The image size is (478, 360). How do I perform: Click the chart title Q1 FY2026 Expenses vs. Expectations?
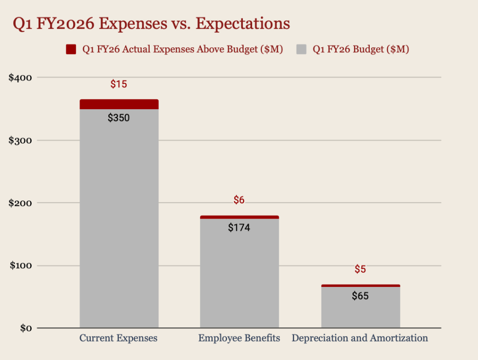(151, 23)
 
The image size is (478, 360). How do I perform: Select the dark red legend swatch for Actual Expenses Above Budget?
(71, 49)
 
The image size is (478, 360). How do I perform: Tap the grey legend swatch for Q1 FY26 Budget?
(301, 49)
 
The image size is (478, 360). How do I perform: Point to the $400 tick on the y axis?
(20, 78)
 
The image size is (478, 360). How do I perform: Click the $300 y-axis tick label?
(20, 140)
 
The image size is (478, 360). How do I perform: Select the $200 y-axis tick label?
(20, 203)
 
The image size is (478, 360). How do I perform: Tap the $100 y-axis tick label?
(20, 266)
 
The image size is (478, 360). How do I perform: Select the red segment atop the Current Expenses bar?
(119, 104)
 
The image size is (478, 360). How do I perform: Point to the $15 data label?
(119, 84)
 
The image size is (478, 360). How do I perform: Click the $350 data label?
(119, 118)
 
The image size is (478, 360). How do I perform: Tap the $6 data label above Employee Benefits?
(239, 200)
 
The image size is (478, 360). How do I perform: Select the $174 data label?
(239, 227)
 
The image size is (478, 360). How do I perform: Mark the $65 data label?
(360, 296)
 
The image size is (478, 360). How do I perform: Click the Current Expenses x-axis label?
(119, 338)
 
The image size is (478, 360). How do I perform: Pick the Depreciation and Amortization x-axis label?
(360, 338)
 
